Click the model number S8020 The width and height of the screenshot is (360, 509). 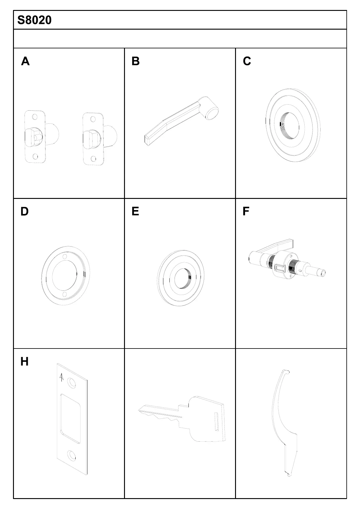click(34, 20)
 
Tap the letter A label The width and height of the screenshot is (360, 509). click(25, 61)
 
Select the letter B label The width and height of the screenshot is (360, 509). click(136, 61)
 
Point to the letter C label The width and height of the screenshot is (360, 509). click(247, 61)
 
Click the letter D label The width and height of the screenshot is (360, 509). click(25, 212)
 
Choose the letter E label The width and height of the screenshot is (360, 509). click(135, 211)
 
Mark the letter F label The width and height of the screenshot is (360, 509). click(246, 211)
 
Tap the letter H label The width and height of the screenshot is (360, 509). click(25, 361)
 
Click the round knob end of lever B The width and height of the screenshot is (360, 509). click(212, 113)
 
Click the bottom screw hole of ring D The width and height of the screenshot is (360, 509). click(64, 294)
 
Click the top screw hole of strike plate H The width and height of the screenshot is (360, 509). click(72, 383)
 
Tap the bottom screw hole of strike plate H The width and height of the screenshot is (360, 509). click(72, 455)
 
